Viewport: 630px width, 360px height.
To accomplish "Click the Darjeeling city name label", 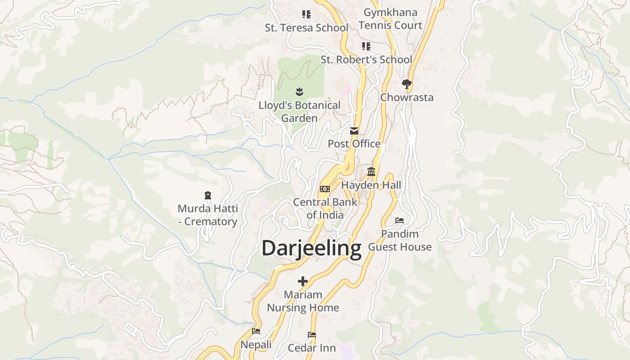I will (311, 248).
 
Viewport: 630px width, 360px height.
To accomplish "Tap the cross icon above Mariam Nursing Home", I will (303, 281).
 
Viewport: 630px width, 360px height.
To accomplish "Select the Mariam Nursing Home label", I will (303, 301).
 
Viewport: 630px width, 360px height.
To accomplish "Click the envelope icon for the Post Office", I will (354, 131).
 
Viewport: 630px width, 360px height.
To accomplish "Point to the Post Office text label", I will (354, 144).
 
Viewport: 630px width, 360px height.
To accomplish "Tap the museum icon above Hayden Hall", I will (371, 172).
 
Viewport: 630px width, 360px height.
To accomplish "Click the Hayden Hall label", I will (371, 185).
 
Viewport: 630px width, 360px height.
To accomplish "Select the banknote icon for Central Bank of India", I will (325, 189).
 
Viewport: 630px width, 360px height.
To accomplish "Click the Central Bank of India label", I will (325, 208).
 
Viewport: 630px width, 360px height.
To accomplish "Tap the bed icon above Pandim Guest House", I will (400, 220).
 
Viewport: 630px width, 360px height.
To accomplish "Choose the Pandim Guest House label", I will (400, 240).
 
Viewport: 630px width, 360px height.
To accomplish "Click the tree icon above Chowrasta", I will (407, 84).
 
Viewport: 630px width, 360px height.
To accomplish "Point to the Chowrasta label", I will (407, 97).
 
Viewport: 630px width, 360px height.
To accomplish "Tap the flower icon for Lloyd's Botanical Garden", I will (299, 92).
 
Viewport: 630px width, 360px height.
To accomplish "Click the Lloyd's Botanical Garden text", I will (299, 112).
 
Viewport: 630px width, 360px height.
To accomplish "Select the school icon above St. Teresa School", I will (306, 14).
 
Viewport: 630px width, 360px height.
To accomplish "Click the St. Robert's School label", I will (366, 59).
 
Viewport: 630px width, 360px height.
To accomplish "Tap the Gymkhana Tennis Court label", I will (391, 19).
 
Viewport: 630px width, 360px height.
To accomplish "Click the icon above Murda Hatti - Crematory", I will (207, 195).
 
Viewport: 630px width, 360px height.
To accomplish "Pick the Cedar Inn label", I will (312, 348).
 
